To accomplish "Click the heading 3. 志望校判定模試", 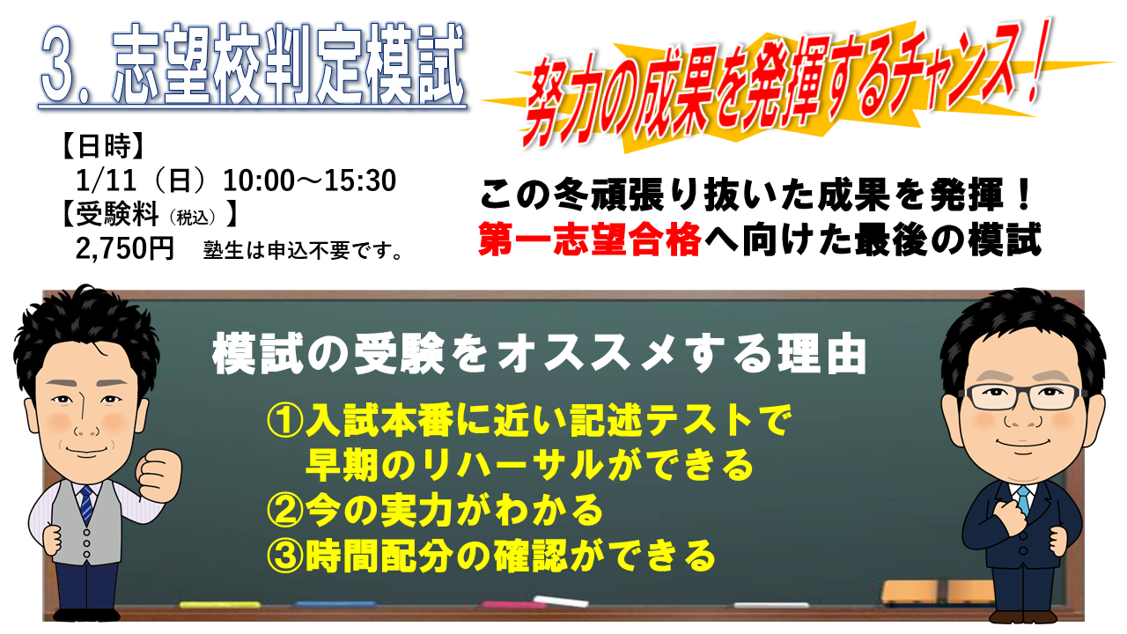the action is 253,64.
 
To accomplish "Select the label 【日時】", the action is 103,146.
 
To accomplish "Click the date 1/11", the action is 106,181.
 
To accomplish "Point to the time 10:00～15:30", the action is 309,181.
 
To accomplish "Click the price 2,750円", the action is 125,248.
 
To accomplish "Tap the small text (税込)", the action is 193,217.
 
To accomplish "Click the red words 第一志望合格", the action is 590,240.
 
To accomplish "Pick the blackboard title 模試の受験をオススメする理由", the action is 540,354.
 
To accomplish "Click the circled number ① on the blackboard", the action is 284,421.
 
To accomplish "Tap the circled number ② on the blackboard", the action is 284,510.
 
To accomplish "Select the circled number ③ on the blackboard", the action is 284,556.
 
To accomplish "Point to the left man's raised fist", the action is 159,475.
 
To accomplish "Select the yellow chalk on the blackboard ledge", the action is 220,604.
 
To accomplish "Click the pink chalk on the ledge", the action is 510,604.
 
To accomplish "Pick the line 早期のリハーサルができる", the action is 529,465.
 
